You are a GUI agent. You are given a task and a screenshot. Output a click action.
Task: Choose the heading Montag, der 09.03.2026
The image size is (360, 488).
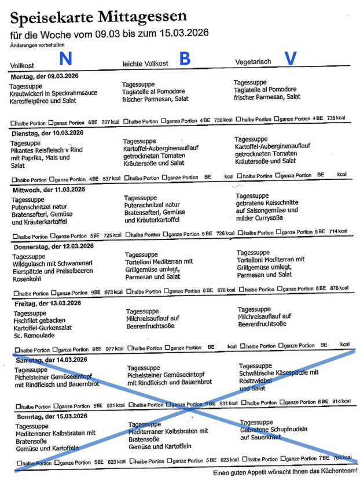[x=45, y=76]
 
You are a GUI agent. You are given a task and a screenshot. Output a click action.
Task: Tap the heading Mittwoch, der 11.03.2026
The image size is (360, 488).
[x=48, y=189]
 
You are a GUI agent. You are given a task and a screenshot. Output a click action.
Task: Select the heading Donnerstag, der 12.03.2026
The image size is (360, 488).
[x=53, y=246]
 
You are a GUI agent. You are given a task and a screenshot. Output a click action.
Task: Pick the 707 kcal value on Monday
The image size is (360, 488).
[x=110, y=123]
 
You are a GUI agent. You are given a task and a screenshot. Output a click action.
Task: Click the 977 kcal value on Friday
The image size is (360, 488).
[x=115, y=349]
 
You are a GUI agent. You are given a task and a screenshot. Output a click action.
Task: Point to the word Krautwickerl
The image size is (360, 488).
[x=28, y=93]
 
